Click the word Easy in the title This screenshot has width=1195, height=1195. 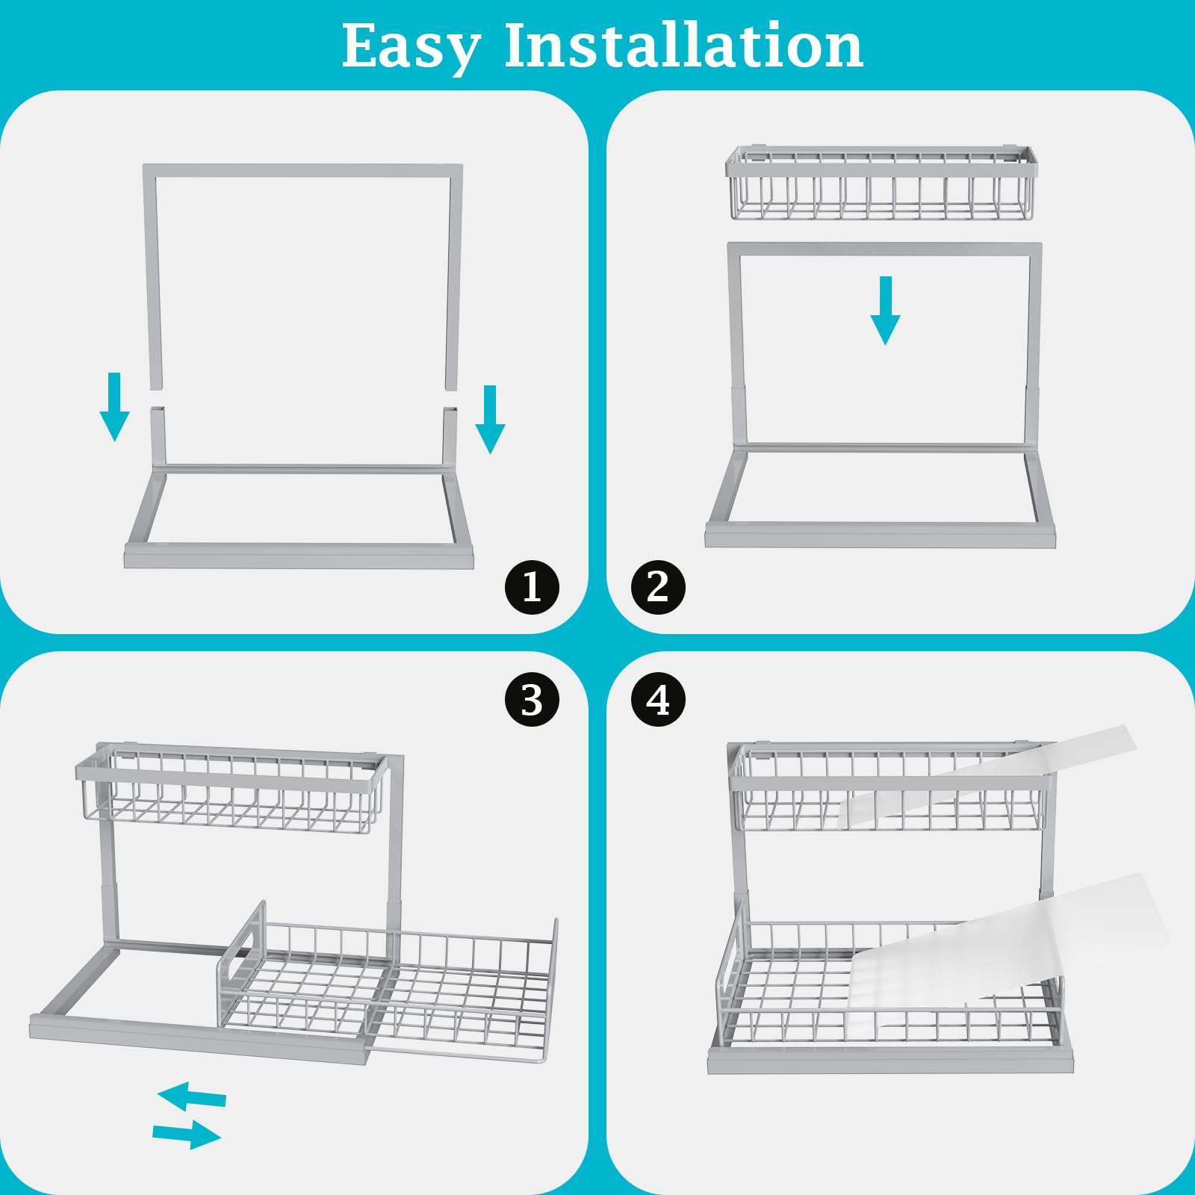410,47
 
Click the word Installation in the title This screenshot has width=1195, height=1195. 683,46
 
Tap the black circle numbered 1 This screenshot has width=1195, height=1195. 532,587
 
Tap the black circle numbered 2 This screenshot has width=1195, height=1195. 657,587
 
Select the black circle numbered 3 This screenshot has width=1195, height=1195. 532,701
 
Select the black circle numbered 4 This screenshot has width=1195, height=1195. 657,701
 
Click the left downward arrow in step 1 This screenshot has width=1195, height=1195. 114,407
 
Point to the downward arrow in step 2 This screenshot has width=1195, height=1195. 885,311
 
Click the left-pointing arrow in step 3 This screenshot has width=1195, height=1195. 192,1096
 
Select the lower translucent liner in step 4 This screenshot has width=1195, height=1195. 1008,941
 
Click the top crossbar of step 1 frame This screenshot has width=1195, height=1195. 302,171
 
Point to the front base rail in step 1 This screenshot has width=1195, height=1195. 299,556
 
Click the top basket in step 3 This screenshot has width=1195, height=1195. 232,792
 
